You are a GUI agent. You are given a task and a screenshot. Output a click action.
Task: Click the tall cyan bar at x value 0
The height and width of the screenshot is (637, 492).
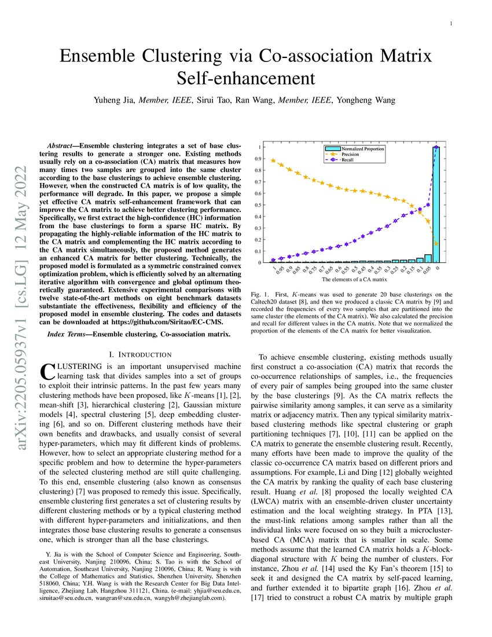pyautogui.click(x=436, y=205)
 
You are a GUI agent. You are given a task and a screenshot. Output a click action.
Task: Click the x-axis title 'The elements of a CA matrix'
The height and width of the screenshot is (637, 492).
pyautogui.click(x=354, y=280)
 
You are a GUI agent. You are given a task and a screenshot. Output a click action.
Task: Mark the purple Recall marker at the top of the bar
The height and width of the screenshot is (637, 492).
pyautogui.click(x=436, y=147)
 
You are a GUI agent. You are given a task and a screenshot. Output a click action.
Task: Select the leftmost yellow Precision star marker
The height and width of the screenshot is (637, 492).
pyautogui.click(x=273, y=160)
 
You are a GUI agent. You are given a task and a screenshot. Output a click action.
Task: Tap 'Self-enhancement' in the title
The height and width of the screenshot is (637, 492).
pyautogui.click(x=245, y=78)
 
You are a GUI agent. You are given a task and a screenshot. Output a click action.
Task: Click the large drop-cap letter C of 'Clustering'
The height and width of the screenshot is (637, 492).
pyautogui.click(x=47, y=371)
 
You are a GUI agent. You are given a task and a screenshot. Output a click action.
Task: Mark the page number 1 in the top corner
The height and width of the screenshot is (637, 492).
pyautogui.click(x=450, y=23)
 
